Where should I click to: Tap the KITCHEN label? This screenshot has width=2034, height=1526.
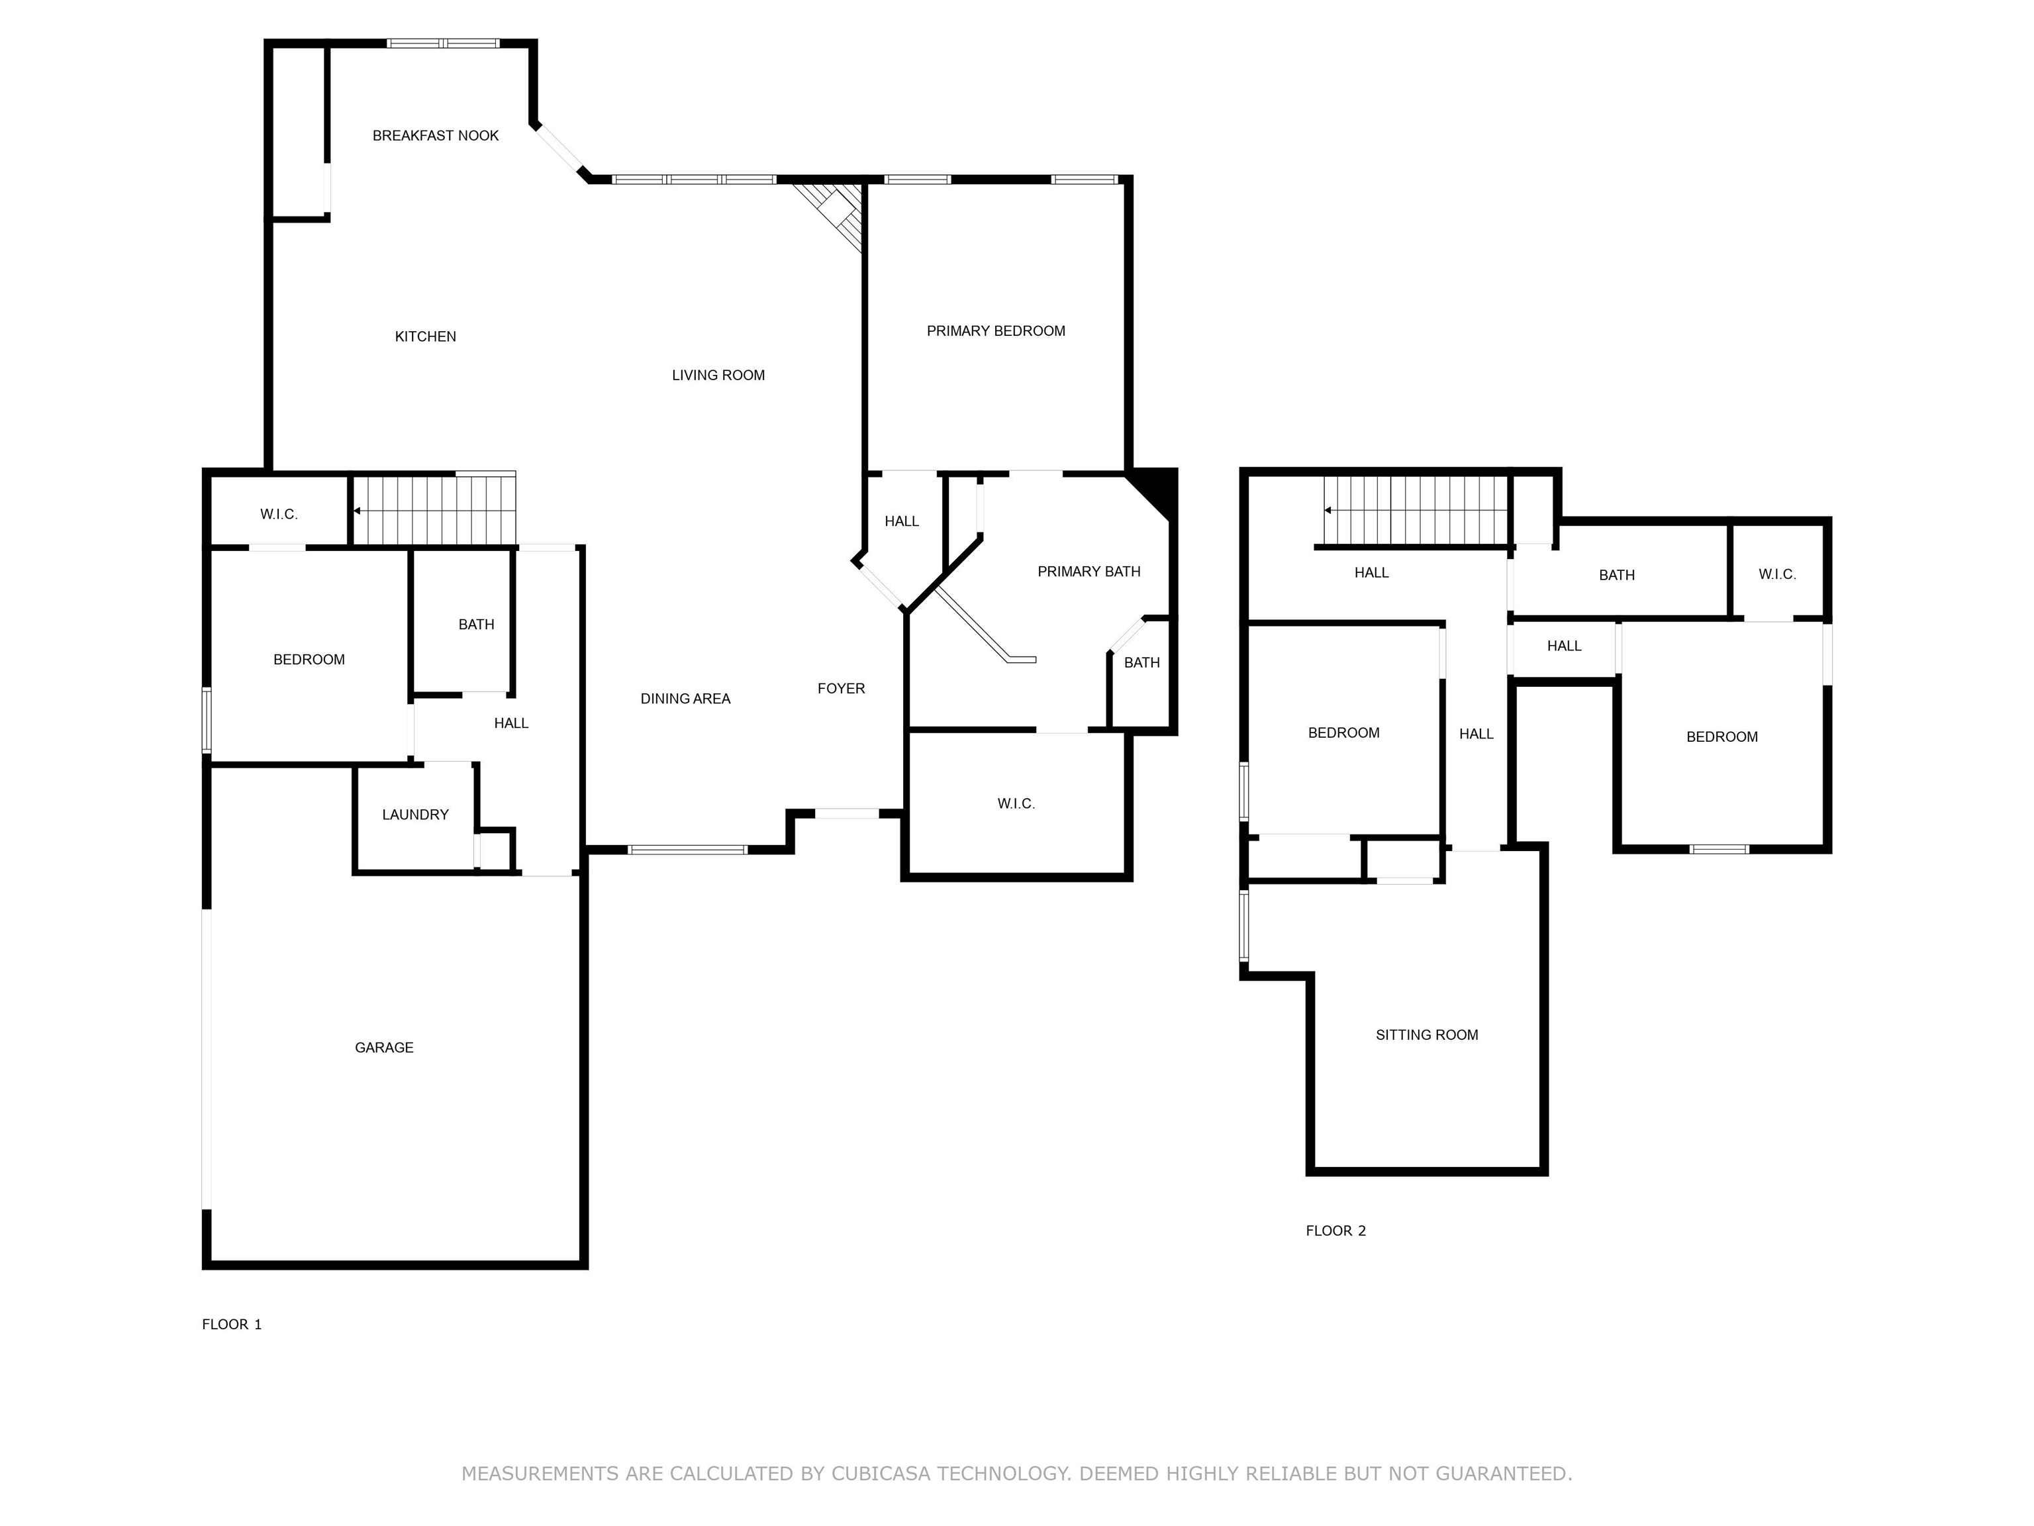point(425,336)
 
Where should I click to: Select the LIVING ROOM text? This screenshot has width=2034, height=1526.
point(718,376)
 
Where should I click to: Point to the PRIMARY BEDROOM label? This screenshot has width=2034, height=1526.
point(996,331)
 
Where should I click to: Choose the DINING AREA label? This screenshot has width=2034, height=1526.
point(685,699)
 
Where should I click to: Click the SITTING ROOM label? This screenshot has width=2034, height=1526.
point(1426,1035)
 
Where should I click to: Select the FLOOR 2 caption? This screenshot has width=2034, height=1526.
point(1335,1231)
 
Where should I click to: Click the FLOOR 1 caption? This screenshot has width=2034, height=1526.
point(232,1325)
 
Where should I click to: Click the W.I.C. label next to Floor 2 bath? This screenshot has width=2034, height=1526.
point(1776,575)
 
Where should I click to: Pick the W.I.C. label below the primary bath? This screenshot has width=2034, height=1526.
point(1016,804)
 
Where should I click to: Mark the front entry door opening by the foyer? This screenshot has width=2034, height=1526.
point(847,813)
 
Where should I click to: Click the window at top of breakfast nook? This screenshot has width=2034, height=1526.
point(442,43)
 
